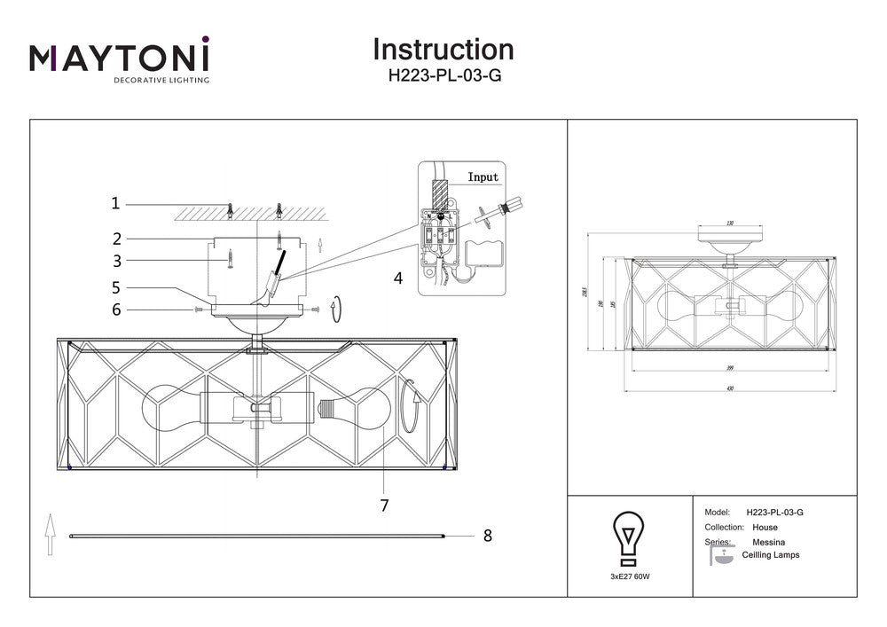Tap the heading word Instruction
[443, 49]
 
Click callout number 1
[115, 203]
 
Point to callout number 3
[115, 261]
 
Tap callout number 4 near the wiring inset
[397, 278]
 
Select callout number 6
[115, 310]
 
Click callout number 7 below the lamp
[384, 506]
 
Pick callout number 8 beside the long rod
[487, 535]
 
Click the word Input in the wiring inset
[483, 177]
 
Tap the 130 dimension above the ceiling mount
[730, 223]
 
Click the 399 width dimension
[730, 367]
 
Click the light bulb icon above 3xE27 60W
[629, 537]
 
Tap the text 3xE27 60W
[629, 576]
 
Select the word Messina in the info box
[769, 541]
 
